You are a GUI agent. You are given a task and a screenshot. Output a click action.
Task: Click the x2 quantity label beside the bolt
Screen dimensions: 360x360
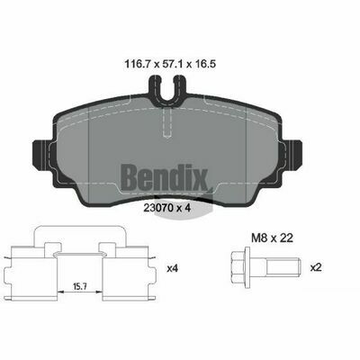(316, 267)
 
